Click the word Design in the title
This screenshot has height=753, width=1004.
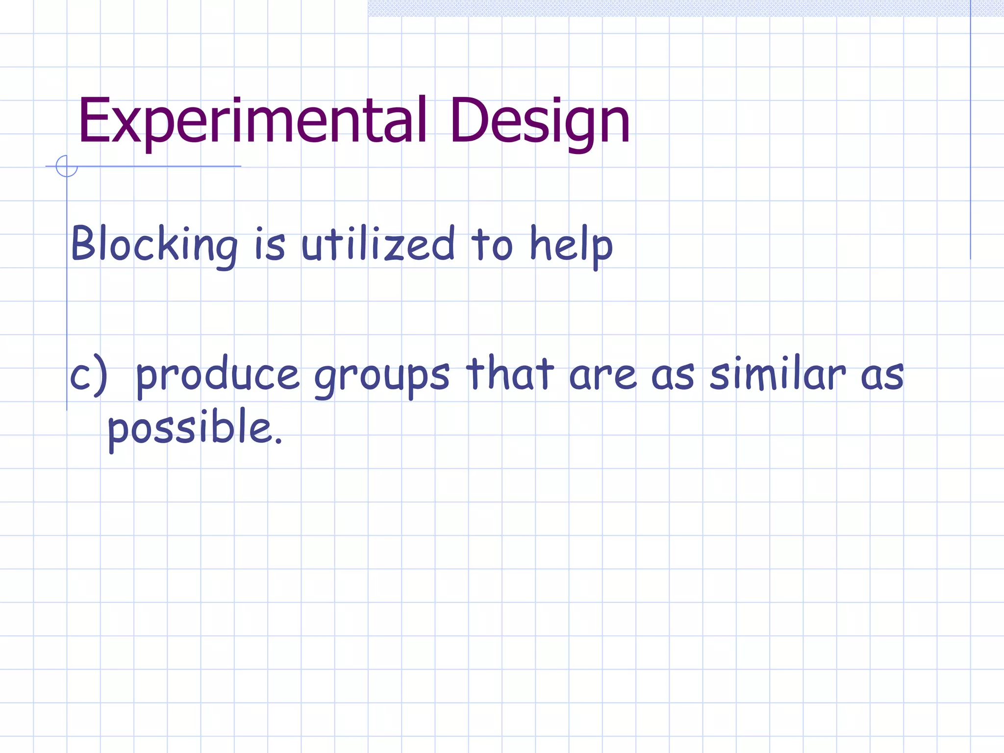(539, 122)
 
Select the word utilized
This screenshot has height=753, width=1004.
(377, 244)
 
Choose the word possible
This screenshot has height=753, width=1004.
(189, 427)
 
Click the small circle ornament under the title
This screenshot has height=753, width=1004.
(67, 166)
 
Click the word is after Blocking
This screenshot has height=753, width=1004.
(270, 244)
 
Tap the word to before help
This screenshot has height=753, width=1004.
(492, 244)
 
